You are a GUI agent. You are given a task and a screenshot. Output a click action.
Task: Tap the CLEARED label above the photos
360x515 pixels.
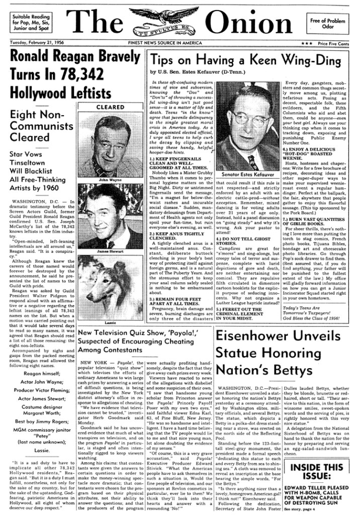[110, 107]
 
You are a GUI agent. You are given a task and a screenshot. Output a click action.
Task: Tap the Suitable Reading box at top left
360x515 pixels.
[31, 23]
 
